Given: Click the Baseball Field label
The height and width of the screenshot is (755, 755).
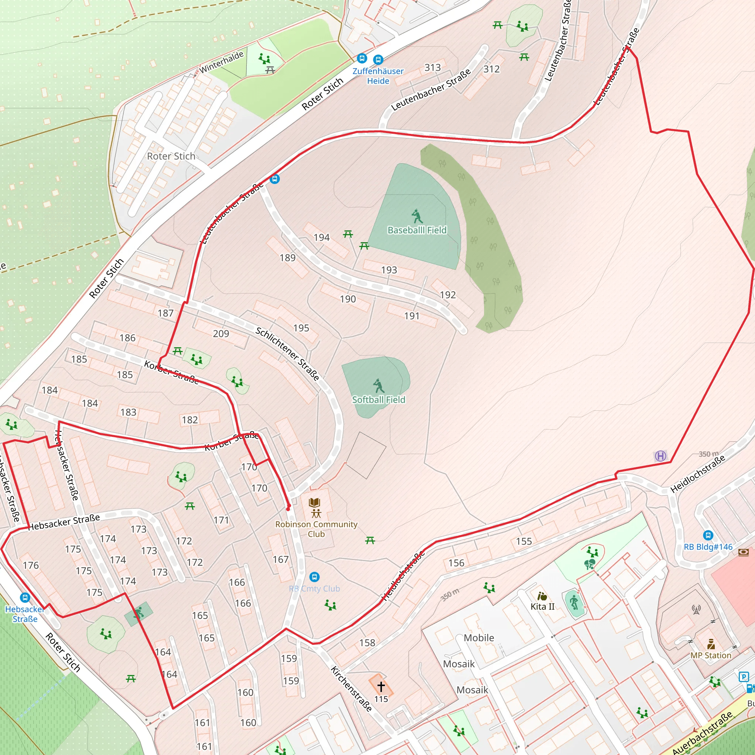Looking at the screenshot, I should [x=417, y=230].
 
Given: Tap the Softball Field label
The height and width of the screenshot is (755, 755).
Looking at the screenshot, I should [x=378, y=400].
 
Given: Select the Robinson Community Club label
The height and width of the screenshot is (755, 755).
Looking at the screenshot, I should [x=316, y=529].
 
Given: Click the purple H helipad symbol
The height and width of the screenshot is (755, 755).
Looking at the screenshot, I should [x=660, y=456].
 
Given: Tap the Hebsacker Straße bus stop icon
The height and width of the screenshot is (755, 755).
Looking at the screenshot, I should [x=25, y=598].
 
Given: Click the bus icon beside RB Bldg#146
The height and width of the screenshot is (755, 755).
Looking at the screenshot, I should [x=708, y=535].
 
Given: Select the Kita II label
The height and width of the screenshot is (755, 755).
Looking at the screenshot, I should [x=542, y=606].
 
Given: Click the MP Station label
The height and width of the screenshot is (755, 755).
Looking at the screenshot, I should [x=710, y=655].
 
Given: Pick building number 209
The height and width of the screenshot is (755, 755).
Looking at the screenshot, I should [x=221, y=334].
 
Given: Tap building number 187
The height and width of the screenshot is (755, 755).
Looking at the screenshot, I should [x=165, y=313].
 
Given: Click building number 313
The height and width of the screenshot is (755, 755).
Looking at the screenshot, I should [x=432, y=67].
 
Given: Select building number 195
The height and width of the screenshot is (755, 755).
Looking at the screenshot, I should [x=301, y=328].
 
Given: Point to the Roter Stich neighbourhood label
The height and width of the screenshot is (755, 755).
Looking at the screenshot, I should [x=171, y=156].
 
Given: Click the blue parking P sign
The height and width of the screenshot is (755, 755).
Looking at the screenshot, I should [x=743, y=677].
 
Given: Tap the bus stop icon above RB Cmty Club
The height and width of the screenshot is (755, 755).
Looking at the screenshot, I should [x=314, y=577].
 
